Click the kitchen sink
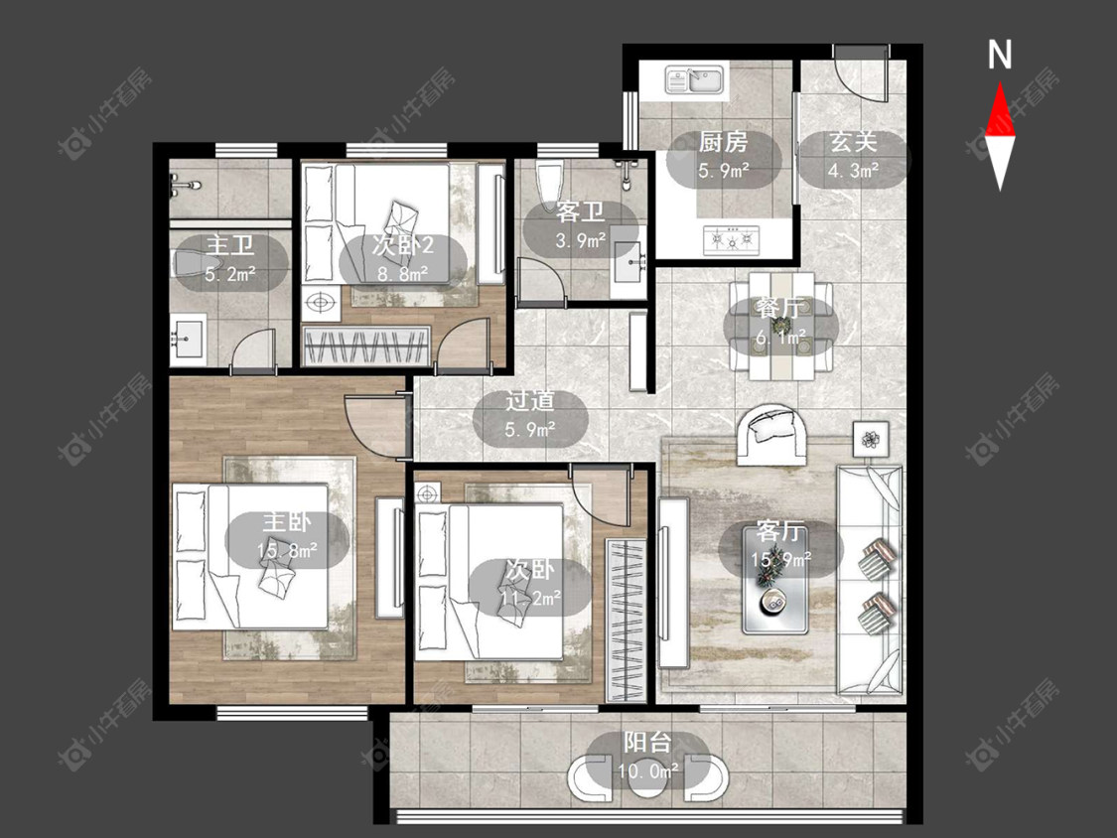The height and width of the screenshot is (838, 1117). click(x=695, y=79)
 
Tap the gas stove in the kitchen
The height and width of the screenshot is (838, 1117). click(x=731, y=240)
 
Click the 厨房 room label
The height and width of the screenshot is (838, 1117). click(x=723, y=143)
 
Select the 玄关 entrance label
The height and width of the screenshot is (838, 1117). click(x=853, y=142)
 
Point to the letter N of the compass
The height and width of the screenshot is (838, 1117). click(x=1000, y=55)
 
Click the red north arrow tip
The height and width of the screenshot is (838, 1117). click(x=1000, y=83)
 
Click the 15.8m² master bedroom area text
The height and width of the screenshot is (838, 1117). click(x=287, y=550)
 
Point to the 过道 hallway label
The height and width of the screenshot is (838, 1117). click(x=530, y=400)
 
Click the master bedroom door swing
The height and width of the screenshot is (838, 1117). click(x=375, y=425)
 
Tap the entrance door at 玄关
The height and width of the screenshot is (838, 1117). click(x=861, y=73)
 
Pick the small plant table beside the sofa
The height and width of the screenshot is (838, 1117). click(x=871, y=439)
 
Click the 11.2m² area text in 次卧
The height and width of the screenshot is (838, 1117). click(x=530, y=599)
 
